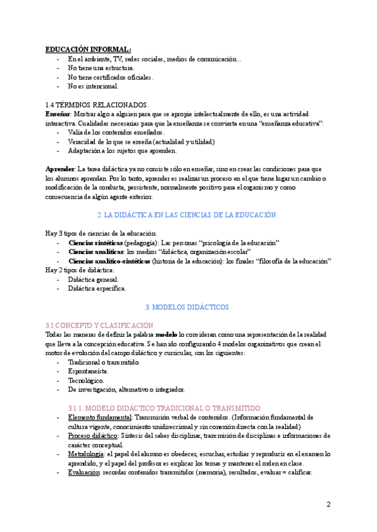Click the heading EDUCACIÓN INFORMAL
(88, 49)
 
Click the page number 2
(329, 504)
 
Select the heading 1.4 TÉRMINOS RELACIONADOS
(97, 105)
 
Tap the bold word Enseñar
(58, 114)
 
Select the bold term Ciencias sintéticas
(96, 243)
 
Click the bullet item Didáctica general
(93, 279)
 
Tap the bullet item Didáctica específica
(97, 289)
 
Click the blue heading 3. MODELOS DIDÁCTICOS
(188, 307)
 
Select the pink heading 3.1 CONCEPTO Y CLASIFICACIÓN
(99, 325)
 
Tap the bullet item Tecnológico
(87, 380)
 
